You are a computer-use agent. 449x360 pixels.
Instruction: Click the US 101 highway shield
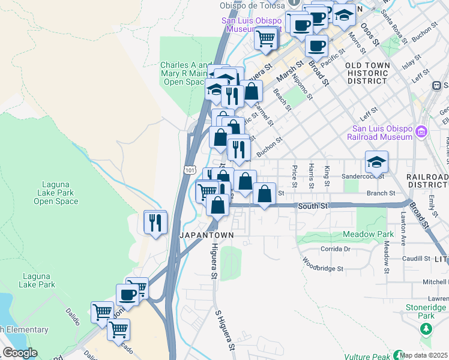[x=190, y=170]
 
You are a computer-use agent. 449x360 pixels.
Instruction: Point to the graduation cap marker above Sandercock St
[x=376, y=162]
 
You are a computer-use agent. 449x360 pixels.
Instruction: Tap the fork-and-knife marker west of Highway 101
[x=156, y=223]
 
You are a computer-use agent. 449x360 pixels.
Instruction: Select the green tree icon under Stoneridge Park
[x=426, y=328]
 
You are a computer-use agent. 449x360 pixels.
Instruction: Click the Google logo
[x=19, y=353]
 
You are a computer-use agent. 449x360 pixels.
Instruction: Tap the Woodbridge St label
[x=322, y=265]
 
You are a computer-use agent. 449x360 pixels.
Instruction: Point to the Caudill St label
[x=417, y=259]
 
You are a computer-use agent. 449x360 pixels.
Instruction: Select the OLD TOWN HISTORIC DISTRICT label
[x=367, y=73]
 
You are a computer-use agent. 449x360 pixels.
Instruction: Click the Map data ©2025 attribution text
[x=424, y=355]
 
